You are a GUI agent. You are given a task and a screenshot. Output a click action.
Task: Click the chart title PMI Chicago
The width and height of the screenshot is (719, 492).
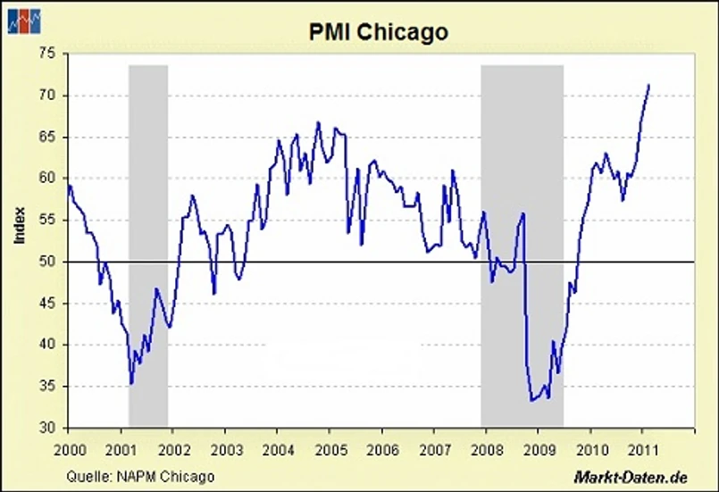pyautogui.click(x=378, y=32)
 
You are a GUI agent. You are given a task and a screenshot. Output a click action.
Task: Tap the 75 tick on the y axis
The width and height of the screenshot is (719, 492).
pyautogui.click(x=47, y=54)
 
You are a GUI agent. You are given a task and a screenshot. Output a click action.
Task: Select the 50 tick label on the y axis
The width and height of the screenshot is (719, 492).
pyautogui.click(x=47, y=262)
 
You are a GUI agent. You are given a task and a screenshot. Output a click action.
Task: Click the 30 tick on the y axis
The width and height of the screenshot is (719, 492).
pyautogui.click(x=47, y=428)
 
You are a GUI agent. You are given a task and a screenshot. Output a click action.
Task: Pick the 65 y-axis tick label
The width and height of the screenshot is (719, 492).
pyautogui.click(x=47, y=138)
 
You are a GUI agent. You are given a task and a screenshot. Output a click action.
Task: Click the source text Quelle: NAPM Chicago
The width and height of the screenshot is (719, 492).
pyautogui.click(x=140, y=476)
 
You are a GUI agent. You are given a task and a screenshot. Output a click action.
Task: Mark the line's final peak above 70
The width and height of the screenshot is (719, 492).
pyautogui.click(x=648, y=85)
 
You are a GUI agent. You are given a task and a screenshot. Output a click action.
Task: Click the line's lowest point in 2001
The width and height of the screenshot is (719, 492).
pyautogui.click(x=131, y=384)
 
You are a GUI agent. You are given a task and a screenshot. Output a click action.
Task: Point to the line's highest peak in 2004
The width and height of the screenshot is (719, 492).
pyautogui.click(x=318, y=122)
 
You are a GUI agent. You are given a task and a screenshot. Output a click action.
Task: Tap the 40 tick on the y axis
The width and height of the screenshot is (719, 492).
pyautogui.click(x=47, y=345)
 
